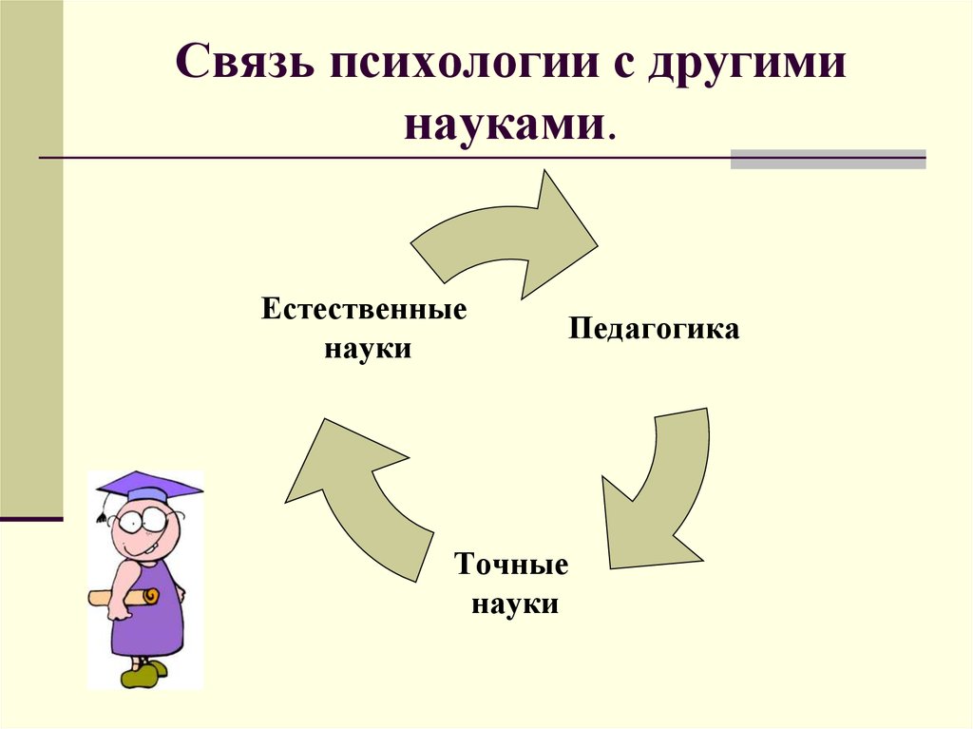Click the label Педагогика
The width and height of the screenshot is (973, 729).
(x=654, y=329)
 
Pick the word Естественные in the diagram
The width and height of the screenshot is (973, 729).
(x=364, y=309)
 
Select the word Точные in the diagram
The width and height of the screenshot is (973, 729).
(x=511, y=565)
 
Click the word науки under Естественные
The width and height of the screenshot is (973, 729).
(x=368, y=349)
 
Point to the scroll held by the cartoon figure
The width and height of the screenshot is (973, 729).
(x=124, y=597)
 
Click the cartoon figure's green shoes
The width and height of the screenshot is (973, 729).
(x=144, y=673)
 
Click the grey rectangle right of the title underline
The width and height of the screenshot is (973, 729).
(x=828, y=159)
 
